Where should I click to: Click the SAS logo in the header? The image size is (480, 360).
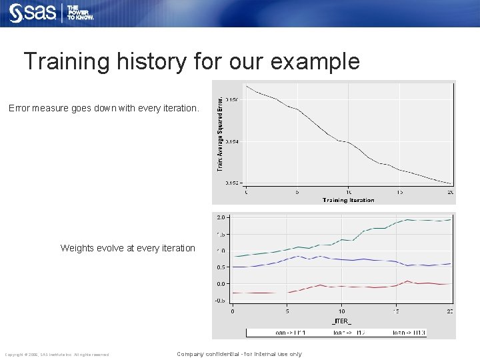click(x=33, y=13)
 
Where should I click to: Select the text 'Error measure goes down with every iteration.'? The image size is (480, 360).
click(x=103, y=107)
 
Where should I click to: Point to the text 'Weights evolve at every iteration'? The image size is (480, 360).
click(x=127, y=248)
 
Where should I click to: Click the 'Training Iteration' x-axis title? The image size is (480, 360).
click(x=349, y=200)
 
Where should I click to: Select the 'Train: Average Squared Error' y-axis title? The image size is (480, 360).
click(x=220, y=132)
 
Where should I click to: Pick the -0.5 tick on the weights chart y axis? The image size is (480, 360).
click(x=221, y=301)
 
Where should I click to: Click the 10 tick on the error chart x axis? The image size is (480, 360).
click(x=349, y=193)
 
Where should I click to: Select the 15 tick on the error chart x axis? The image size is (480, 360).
click(x=399, y=193)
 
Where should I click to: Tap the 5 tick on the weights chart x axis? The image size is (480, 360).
click(x=287, y=311)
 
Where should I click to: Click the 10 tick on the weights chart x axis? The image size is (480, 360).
click(x=342, y=311)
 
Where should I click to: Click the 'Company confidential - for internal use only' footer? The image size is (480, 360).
click(x=239, y=354)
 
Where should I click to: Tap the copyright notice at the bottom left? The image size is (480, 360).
click(x=56, y=355)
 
